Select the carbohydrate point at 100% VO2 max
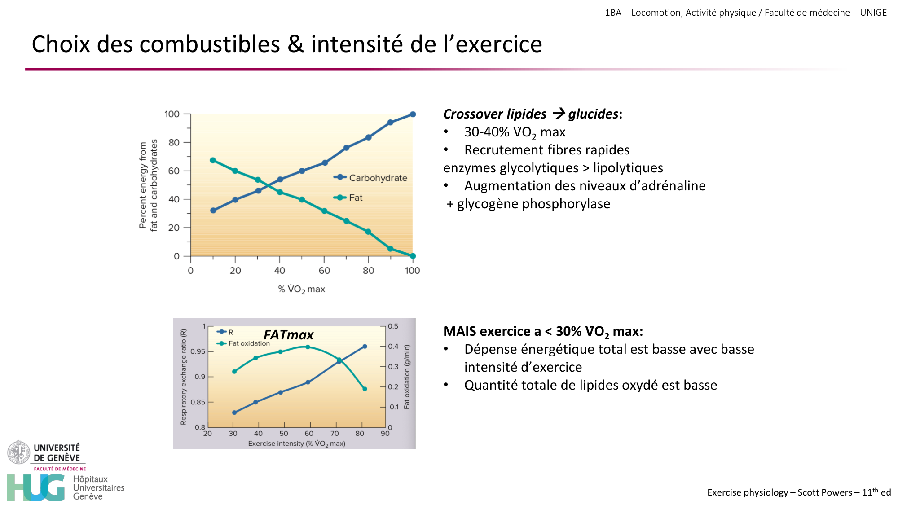coord(413,114)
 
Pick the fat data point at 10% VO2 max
coord(213,160)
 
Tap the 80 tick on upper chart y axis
coord(174,142)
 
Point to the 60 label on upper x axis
coord(324,271)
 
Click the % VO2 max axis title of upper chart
coord(301,290)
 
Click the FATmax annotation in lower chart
coord(288,335)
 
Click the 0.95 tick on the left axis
coord(198,351)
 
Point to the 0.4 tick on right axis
coord(393,347)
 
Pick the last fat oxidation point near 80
coord(365,389)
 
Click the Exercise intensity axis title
coord(296,444)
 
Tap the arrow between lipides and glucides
coord(559,114)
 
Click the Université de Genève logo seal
coord(18,452)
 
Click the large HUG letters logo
coord(36,487)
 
